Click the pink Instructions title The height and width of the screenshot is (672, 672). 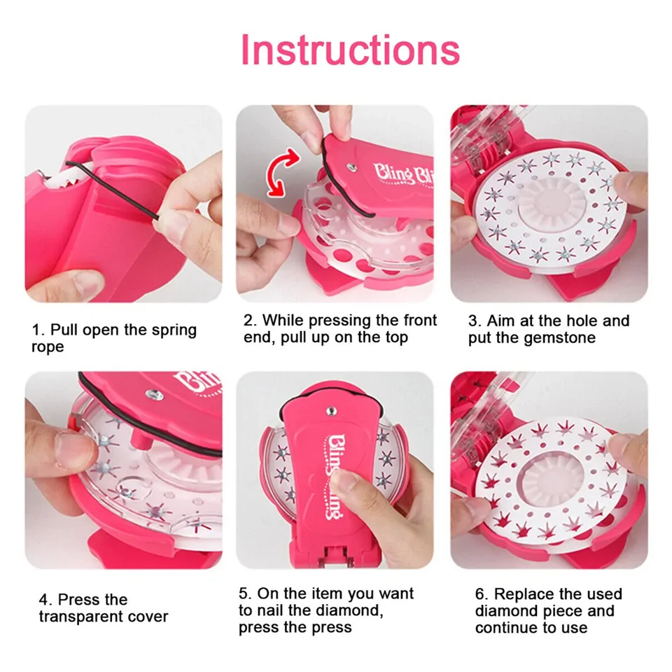point(350,50)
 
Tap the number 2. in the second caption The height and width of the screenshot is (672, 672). point(250,321)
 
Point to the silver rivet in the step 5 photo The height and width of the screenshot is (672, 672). point(331,412)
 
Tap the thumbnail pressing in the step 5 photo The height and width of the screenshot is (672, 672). point(345,486)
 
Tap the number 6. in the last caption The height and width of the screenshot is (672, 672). point(482,595)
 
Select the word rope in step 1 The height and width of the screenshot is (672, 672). point(48,348)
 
